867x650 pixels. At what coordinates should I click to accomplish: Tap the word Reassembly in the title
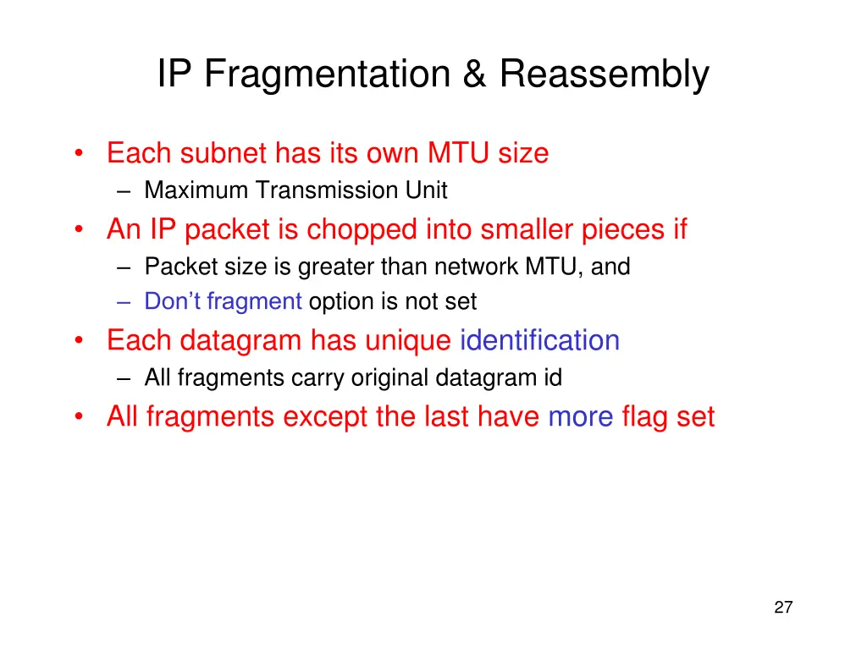coord(604,74)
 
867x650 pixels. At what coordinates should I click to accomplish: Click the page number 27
coord(783,607)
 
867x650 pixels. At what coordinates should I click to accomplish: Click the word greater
coord(336,267)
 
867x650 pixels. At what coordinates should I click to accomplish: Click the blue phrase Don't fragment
coord(224,301)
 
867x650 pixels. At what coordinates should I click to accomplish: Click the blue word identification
coord(539,340)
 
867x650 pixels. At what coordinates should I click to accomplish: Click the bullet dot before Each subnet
coord(79,155)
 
